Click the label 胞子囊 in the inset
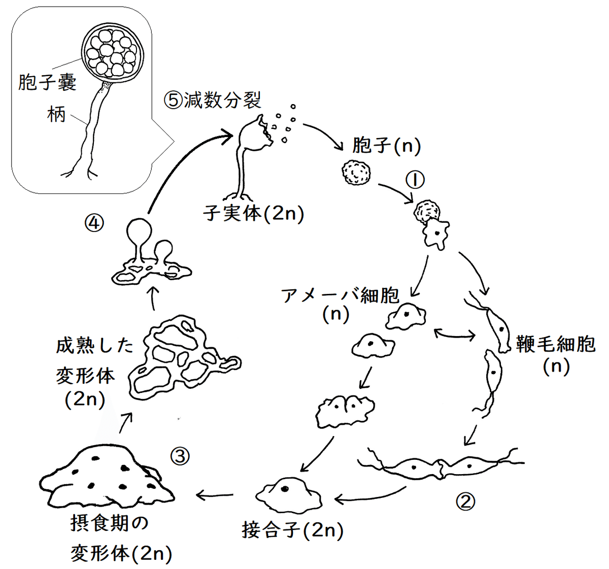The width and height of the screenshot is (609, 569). coord(47,82)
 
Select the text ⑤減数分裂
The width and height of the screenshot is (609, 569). coord(213,100)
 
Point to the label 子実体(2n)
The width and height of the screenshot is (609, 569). coord(254,213)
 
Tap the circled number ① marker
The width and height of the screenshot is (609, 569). coord(415,179)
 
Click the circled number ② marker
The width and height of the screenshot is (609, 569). coord(466,501)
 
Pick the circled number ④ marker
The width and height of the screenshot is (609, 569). coord(95,222)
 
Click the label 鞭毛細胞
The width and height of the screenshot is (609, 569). coord(556,344)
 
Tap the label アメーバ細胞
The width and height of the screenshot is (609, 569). coord(341,295)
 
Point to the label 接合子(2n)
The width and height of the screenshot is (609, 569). coord(293,530)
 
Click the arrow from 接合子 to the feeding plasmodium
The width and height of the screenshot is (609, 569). coord(215,494)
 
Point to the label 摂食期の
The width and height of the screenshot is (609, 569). coord(110,523)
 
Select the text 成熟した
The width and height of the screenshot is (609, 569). coord(94,345)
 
